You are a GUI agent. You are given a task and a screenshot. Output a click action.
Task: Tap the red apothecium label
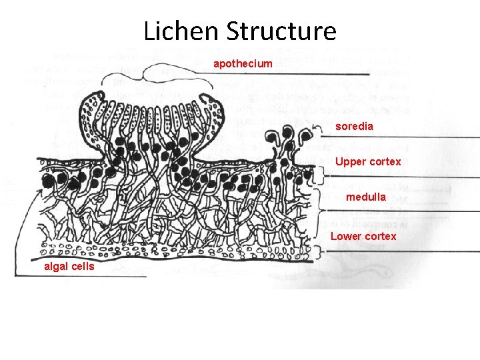click(x=243, y=63)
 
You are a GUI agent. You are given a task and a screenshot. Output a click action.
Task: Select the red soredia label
click(x=354, y=125)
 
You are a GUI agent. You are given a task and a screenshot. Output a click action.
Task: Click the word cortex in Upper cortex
click(x=386, y=161)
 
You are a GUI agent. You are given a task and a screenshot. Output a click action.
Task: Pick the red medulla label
click(x=365, y=197)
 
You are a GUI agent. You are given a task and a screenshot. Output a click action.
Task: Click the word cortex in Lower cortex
click(x=381, y=236)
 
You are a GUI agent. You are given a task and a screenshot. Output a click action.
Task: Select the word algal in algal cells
click(x=55, y=267)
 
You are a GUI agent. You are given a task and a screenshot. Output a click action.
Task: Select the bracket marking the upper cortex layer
click(x=320, y=175)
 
